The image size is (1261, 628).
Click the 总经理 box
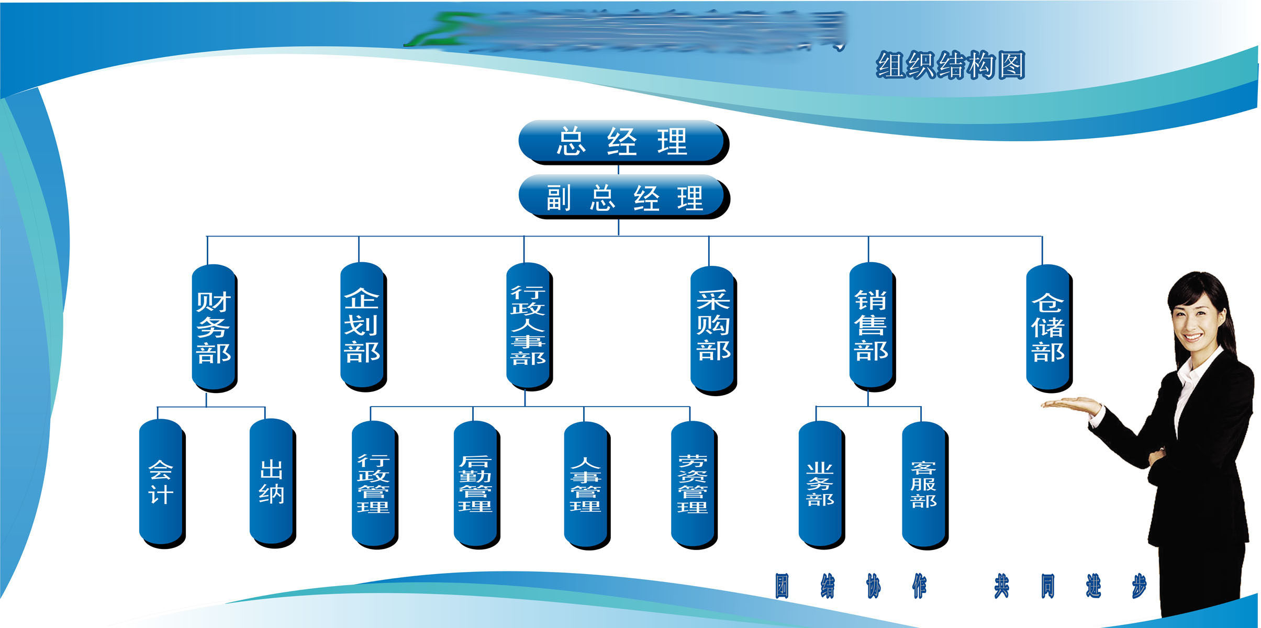[x=622, y=141]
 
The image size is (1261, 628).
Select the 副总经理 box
[x=622, y=197]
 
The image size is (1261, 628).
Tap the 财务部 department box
[x=214, y=327]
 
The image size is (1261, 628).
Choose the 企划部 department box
[x=362, y=326]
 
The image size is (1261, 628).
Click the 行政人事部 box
[x=528, y=326]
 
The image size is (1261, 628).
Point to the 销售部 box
[x=871, y=326]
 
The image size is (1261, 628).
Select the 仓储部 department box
[x=1048, y=327]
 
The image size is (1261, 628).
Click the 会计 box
[x=161, y=483]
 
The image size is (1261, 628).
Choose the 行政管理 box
[x=373, y=483]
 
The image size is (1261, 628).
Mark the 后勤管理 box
[x=475, y=483]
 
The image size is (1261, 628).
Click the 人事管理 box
[x=586, y=484]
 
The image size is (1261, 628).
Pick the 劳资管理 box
[x=693, y=484]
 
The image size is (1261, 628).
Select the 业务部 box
[x=820, y=484]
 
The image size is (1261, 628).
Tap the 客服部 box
[x=924, y=484]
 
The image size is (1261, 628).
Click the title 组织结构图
[x=950, y=65]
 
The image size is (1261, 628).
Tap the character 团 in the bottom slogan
[x=782, y=586]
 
